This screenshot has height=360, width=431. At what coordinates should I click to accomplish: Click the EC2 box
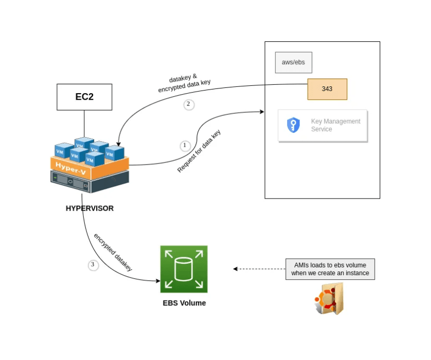pos(84,97)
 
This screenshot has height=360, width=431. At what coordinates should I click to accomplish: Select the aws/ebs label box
pos(293,63)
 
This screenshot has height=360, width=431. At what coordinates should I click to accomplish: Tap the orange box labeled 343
pos(327,89)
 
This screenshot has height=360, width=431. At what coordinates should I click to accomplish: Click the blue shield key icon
pos(293,126)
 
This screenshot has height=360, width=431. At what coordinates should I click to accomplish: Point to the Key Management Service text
pos(335,125)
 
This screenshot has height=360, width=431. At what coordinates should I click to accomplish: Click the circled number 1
pos(185,145)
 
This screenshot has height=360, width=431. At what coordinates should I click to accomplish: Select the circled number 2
pos(188,104)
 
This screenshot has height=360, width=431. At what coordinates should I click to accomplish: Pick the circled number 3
pos(93,265)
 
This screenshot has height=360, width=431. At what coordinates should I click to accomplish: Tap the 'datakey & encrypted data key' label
pos(184,83)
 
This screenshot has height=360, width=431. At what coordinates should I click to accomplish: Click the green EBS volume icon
pos(184,269)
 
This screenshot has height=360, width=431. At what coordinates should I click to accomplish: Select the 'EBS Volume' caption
pos(184,303)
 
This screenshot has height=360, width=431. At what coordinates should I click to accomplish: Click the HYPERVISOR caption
pos(90,208)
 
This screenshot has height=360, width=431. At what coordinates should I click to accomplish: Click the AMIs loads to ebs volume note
pos(330,269)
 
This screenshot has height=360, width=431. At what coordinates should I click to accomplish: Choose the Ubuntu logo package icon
pos(329,300)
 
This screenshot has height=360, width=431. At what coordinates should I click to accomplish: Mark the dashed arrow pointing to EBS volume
pos(259,269)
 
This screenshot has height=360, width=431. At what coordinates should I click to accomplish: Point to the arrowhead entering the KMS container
pos(261,111)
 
